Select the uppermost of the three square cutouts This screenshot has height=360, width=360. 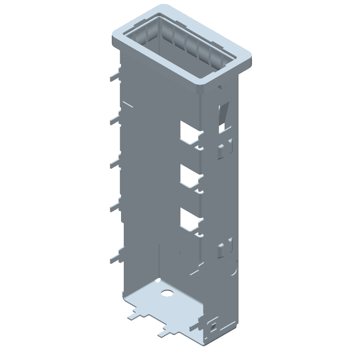tap(189, 131)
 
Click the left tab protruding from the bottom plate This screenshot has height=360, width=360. tap(134, 315)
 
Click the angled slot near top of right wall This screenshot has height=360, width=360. tap(224, 110)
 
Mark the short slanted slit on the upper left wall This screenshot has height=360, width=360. tap(128, 104)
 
